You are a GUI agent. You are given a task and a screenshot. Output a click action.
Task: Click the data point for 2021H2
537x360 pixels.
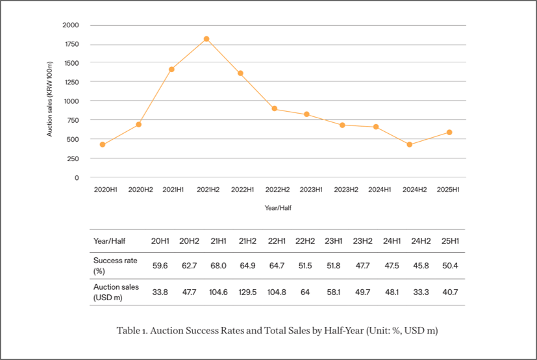coord(206,39)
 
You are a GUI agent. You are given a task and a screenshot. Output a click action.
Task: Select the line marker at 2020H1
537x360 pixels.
coord(103,144)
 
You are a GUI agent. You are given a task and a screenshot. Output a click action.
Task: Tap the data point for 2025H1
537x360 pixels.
coord(449,133)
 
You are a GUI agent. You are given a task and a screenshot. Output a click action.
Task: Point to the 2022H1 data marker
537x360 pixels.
coord(241,73)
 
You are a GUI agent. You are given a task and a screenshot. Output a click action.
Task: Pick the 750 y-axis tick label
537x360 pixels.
coord(72,120)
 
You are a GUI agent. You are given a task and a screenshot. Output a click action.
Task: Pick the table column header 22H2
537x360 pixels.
coord(305,241)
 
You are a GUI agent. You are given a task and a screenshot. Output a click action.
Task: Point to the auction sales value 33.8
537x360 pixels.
coord(160,292)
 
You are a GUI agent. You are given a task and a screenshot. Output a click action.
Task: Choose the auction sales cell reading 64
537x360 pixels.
coord(305,292)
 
